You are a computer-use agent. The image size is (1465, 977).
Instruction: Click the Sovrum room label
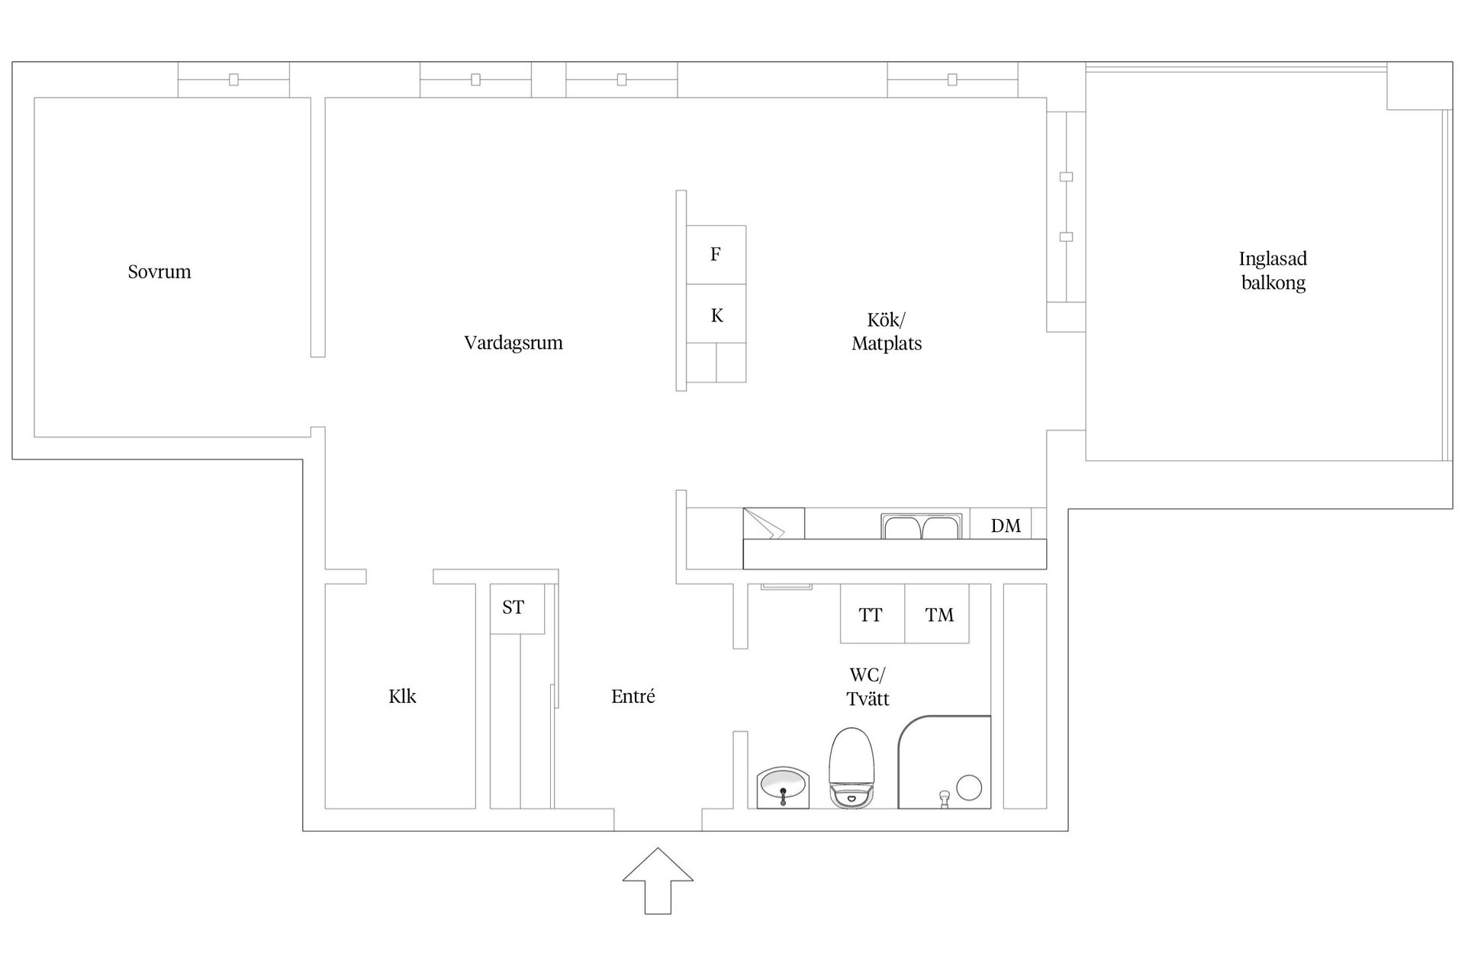coord(159,272)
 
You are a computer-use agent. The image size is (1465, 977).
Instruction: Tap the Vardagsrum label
coord(514,343)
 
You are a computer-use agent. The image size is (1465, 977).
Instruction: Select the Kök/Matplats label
coord(887,331)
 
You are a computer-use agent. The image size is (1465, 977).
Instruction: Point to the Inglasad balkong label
coord(1273,271)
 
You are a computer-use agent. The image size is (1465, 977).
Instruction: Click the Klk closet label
coord(402,696)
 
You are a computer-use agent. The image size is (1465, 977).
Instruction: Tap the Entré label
coord(633,696)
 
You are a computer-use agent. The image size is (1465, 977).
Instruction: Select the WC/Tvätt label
coord(868,687)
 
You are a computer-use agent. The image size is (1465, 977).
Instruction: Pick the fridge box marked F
coord(716,255)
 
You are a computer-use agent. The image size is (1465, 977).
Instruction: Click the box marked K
coord(716,314)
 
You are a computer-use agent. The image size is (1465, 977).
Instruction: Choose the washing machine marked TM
coord(937,614)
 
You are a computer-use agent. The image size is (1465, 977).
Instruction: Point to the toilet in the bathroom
coord(852,767)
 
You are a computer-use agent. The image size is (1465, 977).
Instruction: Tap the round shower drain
coord(969,788)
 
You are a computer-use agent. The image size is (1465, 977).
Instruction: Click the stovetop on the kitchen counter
coord(774,524)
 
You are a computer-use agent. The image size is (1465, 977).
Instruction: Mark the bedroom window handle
coord(233,79)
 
